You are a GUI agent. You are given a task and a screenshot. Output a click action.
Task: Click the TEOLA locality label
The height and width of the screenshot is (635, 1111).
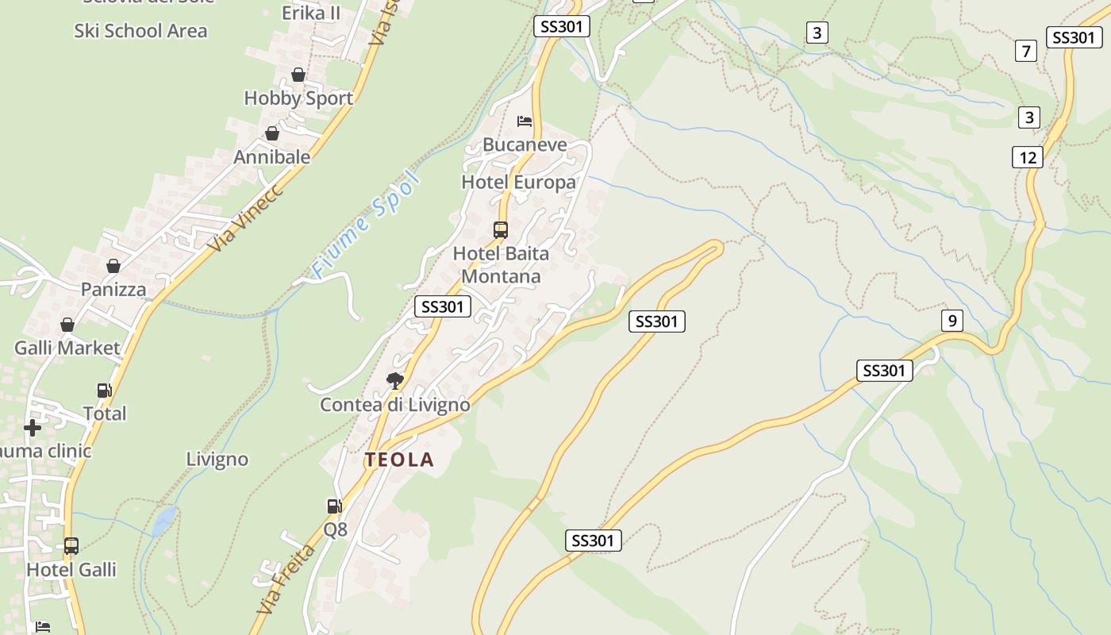point(399,460)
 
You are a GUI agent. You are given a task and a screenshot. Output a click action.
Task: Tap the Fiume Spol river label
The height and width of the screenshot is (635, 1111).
point(365,225)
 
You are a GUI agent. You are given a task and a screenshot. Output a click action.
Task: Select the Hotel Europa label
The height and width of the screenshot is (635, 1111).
point(518,183)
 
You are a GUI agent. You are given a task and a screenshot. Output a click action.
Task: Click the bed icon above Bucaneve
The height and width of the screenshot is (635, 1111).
point(524,121)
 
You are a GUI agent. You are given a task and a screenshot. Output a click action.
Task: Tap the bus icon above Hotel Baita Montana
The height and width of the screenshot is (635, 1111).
point(501,230)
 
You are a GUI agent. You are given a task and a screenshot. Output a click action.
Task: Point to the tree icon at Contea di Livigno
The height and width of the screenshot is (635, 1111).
point(394,381)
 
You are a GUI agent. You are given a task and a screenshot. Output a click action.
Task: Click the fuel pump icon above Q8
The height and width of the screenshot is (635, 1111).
point(334,506)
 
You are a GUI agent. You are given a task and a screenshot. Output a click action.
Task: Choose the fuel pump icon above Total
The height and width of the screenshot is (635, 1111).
point(104,390)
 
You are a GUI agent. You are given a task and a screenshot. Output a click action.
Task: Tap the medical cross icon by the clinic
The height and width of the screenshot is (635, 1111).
point(33,428)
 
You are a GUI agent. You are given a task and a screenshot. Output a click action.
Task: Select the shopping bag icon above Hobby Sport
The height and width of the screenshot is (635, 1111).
point(298,75)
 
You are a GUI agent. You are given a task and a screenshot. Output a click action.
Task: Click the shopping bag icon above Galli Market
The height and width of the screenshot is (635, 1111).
point(67,325)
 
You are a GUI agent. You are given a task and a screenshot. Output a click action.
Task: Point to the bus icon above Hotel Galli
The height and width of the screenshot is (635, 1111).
point(71,546)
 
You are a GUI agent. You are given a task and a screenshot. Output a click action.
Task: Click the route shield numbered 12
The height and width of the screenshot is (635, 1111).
point(1028,157)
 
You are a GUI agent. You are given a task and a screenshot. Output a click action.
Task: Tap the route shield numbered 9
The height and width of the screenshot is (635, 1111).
point(951,321)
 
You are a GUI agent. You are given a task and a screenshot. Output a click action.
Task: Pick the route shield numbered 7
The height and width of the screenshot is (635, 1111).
point(1026,52)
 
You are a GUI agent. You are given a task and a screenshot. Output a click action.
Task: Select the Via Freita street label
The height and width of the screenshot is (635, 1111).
point(286,577)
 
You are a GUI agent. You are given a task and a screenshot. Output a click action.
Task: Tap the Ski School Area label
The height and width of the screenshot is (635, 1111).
point(140,31)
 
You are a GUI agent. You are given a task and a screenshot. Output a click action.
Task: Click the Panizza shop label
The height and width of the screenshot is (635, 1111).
point(113,289)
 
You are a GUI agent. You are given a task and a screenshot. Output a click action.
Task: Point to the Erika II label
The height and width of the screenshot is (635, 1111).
point(311,13)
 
